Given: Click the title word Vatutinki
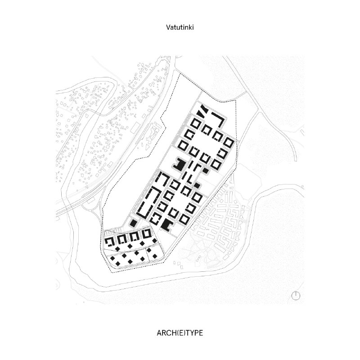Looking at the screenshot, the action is click(x=180, y=27).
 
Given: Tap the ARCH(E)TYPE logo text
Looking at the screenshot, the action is click(x=180, y=333).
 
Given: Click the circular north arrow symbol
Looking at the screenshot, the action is click(x=296, y=296).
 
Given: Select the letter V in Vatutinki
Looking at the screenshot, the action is click(x=168, y=27).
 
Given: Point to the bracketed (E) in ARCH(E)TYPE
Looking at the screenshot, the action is click(x=179, y=333).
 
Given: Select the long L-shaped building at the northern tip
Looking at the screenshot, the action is click(x=220, y=119).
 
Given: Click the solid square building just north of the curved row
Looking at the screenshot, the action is click(x=133, y=223).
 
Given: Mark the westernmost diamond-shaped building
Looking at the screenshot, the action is click(x=113, y=258).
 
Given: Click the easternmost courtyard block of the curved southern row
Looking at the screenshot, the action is click(x=147, y=234).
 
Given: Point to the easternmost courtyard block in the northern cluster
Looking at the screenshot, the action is click(x=229, y=142).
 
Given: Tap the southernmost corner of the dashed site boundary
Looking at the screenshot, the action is click(x=111, y=273).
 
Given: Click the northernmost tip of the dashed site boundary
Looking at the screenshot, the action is click(x=179, y=74).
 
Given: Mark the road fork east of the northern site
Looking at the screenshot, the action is click(x=259, y=112).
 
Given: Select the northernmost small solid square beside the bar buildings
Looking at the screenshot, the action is click(x=205, y=171).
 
